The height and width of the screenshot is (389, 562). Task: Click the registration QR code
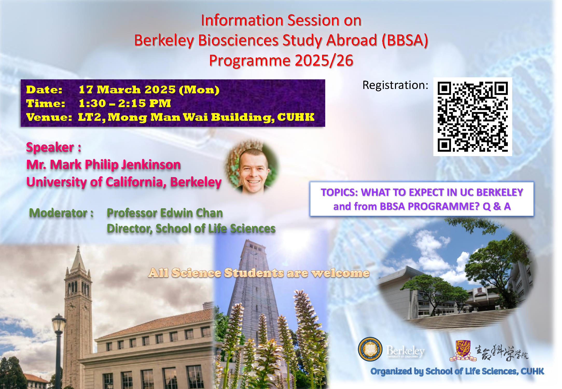click(x=473, y=117)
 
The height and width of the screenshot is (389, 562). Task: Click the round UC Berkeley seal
click(x=370, y=349)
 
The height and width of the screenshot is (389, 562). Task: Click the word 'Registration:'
click(x=395, y=85)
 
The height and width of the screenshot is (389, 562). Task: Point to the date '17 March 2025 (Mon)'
click(x=149, y=90)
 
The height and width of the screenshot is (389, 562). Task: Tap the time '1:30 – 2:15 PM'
click(x=125, y=103)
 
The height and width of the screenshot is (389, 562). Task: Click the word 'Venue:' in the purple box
click(x=49, y=117)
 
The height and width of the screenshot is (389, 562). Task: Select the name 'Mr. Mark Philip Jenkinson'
click(x=103, y=165)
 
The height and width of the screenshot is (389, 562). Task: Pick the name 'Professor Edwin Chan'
click(x=165, y=213)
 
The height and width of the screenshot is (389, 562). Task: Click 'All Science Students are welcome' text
click(x=259, y=273)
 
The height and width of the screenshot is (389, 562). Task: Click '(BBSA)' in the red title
click(x=405, y=40)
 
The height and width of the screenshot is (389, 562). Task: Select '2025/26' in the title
click(x=324, y=60)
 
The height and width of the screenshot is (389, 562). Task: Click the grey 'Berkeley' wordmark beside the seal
click(x=405, y=351)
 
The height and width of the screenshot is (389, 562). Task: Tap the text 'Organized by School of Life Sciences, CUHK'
click(x=457, y=371)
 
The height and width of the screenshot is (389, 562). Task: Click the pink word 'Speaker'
click(x=50, y=147)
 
